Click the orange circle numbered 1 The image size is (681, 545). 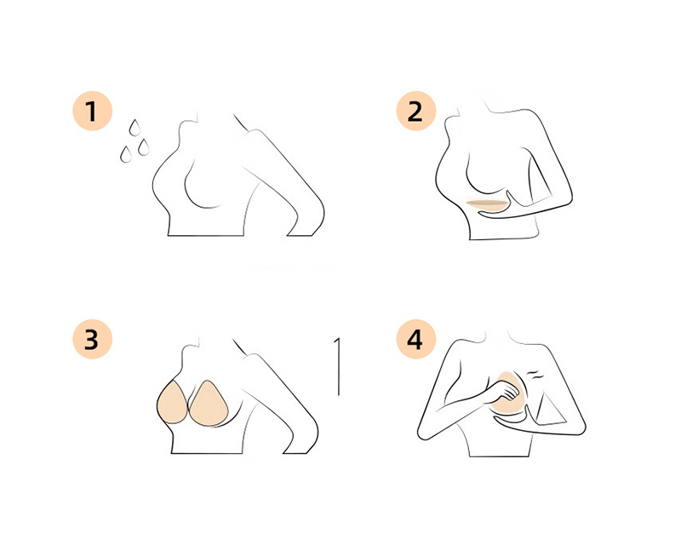[92, 111]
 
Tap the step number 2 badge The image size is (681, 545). [415, 111]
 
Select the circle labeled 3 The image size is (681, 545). [92, 339]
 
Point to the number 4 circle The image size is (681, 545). [415, 339]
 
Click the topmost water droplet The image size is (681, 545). [134, 128]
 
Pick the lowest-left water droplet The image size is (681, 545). [126, 154]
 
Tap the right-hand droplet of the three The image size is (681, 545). [143, 147]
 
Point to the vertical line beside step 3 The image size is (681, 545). [338, 366]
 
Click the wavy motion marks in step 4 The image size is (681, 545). [535, 374]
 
